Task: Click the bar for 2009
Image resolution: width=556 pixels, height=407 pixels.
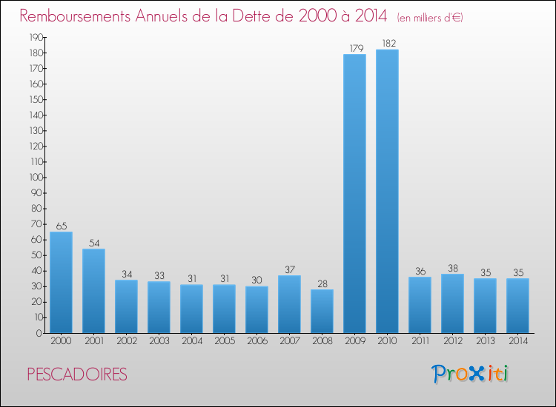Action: pyautogui.click(x=354, y=194)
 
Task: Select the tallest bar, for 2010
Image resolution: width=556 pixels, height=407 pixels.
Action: pyautogui.click(x=387, y=192)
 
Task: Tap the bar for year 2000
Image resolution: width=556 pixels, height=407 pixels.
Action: pyautogui.click(x=61, y=283)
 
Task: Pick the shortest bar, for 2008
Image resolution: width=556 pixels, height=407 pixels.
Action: pyautogui.click(x=322, y=311)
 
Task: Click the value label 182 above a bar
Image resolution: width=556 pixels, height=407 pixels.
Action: pyautogui.click(x=387, y=44)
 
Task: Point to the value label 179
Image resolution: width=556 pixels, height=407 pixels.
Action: pyautogui.click(x=354, y=49)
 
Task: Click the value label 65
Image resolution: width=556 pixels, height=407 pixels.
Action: pyautogui.click(x=61, y=226)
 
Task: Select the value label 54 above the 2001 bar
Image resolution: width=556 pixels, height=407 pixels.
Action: pyautogui.click(x=93, y=243)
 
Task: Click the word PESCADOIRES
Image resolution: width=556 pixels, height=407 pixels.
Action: pyautogui.click(x=77, y=374)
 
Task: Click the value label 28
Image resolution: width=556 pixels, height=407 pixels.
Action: pyautogui.click(x=322, y=283)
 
